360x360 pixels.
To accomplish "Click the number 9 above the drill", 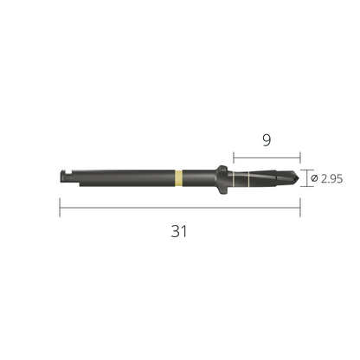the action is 267,140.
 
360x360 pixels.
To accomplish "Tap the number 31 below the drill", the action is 179,231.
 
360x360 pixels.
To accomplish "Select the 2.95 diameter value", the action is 331,179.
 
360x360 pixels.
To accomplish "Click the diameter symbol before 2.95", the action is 314,178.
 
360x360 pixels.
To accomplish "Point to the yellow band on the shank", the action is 178,178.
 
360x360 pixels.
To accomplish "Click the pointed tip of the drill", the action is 299,178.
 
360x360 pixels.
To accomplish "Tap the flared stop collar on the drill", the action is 222,179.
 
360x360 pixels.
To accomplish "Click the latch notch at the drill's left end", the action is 66,174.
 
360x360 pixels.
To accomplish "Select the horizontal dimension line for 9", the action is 267,157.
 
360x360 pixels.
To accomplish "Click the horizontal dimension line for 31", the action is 180,208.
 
